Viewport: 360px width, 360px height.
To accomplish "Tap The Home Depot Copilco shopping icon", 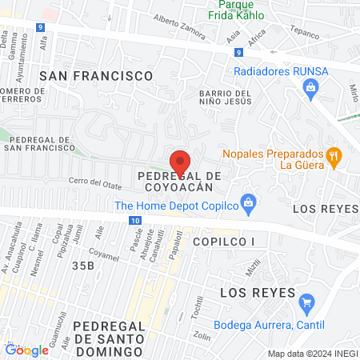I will (248, 203).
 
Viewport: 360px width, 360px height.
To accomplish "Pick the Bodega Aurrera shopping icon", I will (305, 302).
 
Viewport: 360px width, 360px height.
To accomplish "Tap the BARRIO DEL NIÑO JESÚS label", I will (226, 98).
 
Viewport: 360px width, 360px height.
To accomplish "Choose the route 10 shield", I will (135, 220).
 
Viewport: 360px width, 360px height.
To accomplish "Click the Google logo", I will (26, 350).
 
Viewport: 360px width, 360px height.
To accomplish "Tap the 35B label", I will (83, 264).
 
